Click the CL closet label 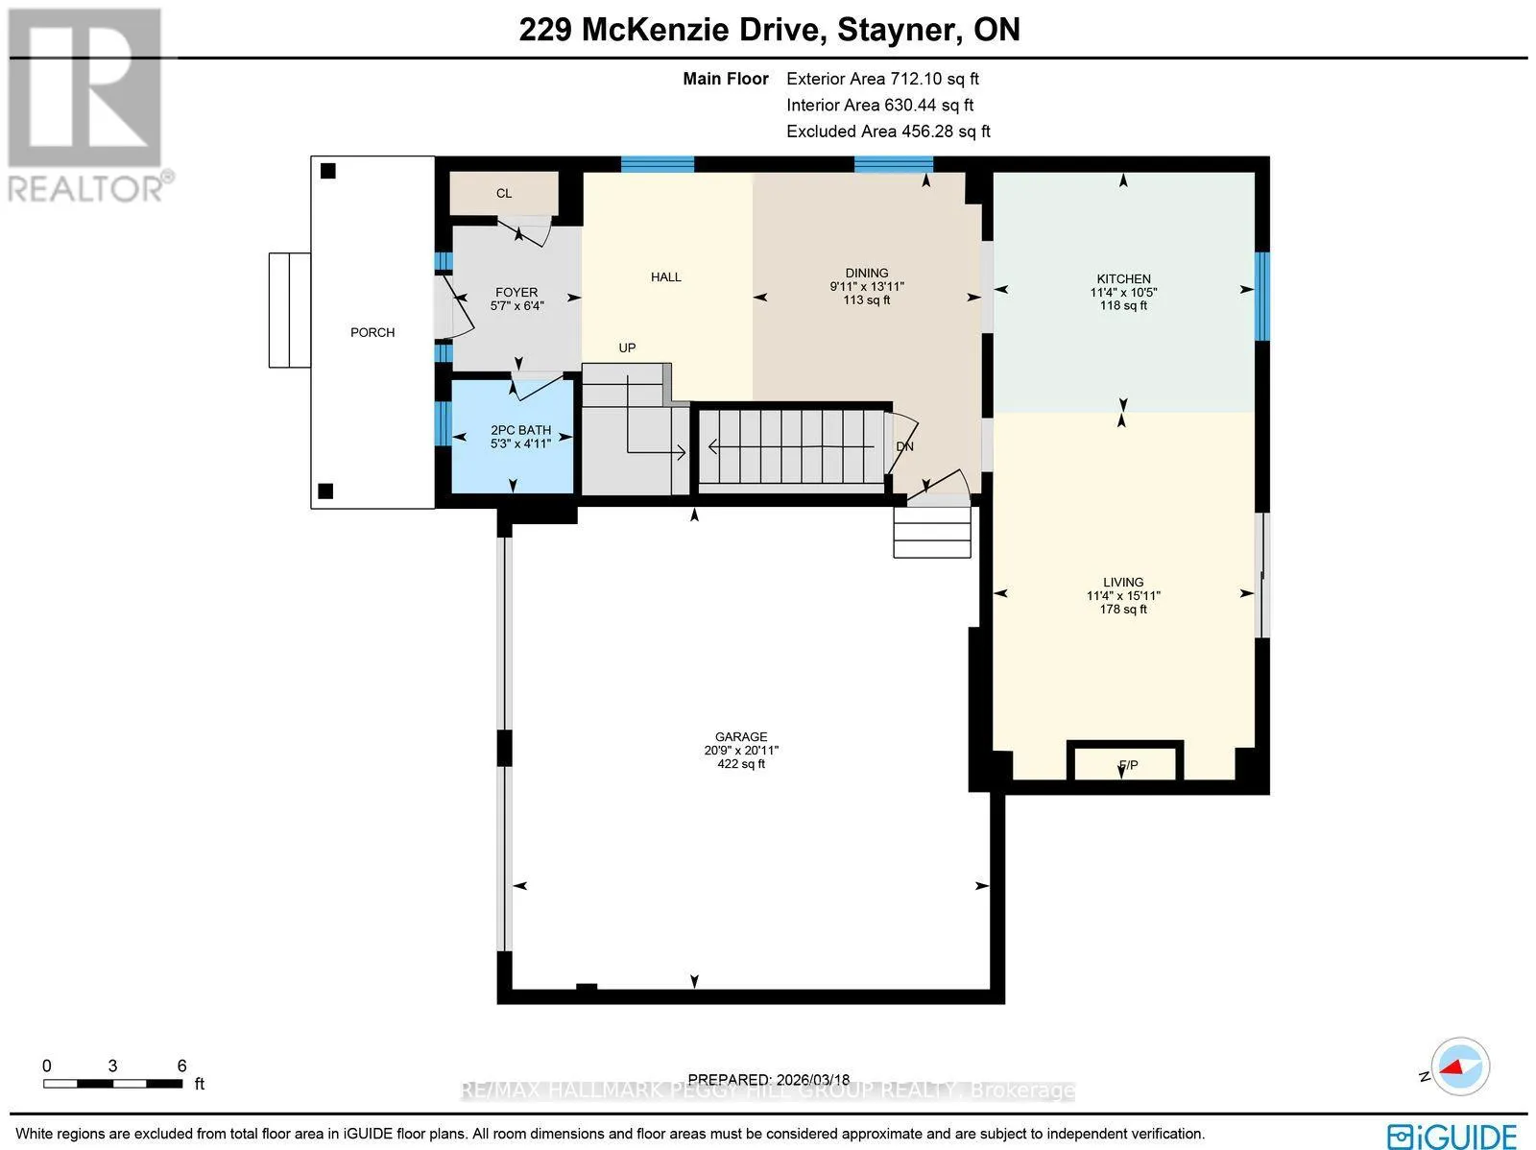click(504, 193)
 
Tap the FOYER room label click(516, 293)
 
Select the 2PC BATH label click(520, 430)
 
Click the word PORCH click(372, 332)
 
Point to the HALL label click(665, 277)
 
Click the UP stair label click(627, 347)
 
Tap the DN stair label click(905, 446)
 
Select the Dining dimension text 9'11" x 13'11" click(867, 286)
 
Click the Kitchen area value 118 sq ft click(1123, 305)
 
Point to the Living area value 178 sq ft click(1123, 609)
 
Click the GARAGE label click(741, 736)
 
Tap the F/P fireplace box click(1124, 761)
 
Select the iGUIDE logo click(1452, 1135)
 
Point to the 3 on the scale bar click(112, 1066)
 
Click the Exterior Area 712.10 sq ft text click(882, 79)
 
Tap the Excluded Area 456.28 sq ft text click(888, 131)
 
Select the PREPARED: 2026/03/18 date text click(768, 1079)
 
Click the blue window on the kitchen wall click(1261, 296)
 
